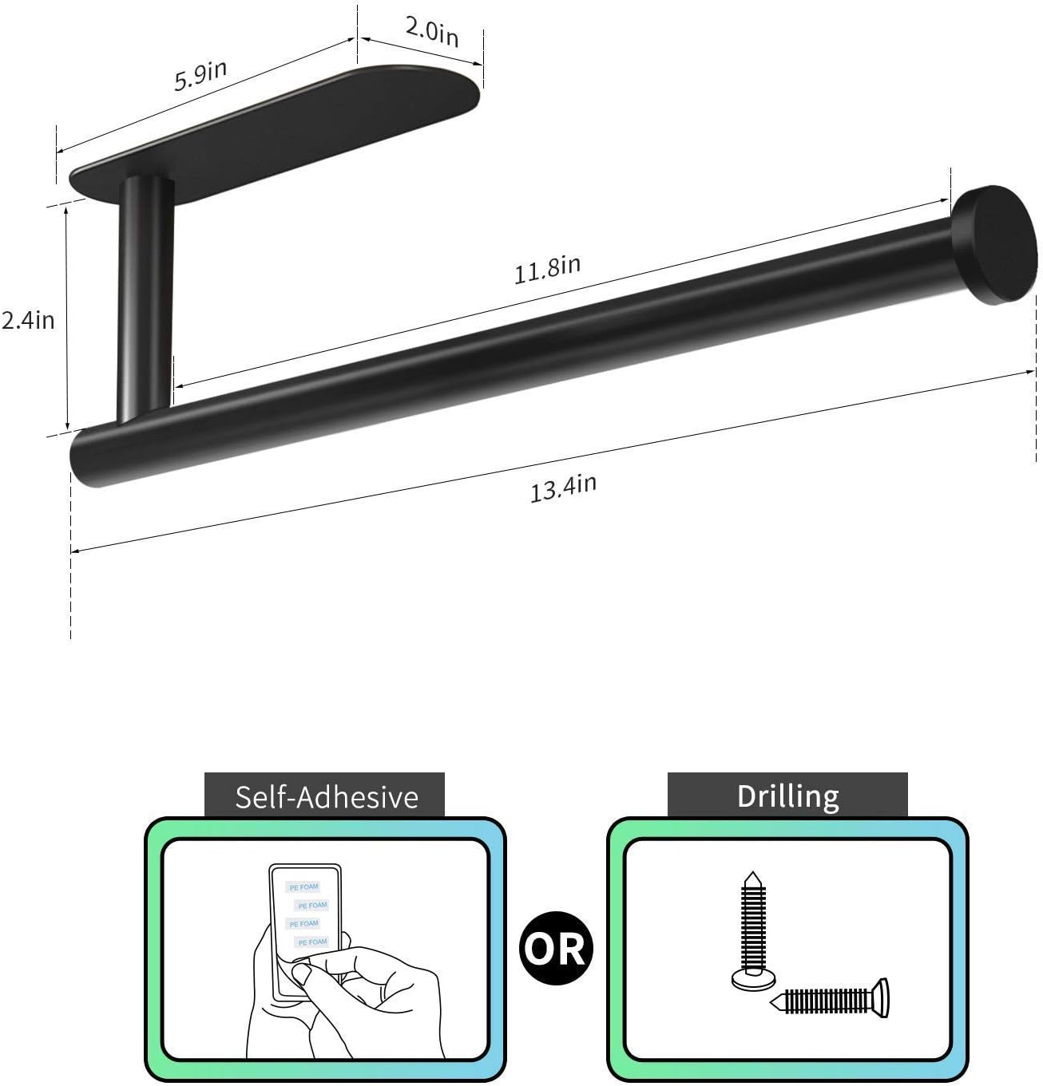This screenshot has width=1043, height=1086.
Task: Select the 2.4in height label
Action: [28, 320]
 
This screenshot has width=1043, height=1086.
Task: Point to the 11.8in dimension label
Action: [547, 269]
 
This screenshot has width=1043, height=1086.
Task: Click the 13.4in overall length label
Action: [563, 488]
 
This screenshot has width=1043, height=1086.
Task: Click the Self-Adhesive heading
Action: [326, 797]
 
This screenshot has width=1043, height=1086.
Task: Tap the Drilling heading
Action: [787, 796]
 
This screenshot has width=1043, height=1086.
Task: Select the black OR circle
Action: [557, 948]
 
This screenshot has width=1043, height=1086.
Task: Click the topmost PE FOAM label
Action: [303, 887]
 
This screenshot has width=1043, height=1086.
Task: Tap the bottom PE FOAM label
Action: [312, 942]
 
